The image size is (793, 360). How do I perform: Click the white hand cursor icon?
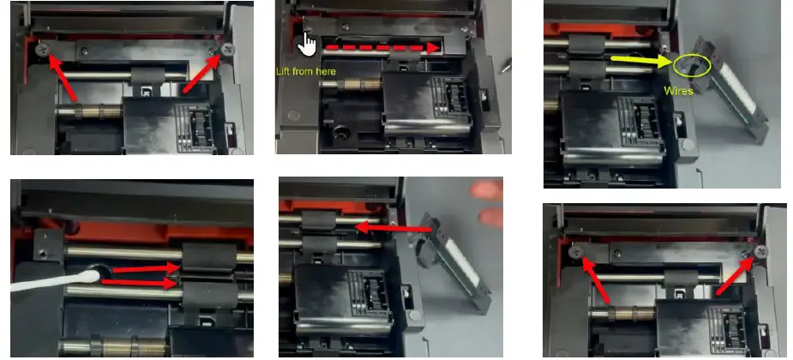pos(307,45)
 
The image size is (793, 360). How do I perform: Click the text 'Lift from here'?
pos(305,70)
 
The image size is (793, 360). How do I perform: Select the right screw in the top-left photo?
pos(226,50)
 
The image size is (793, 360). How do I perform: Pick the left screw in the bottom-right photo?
pos(577,249)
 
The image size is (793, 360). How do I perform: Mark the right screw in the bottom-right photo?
pos(758,249)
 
